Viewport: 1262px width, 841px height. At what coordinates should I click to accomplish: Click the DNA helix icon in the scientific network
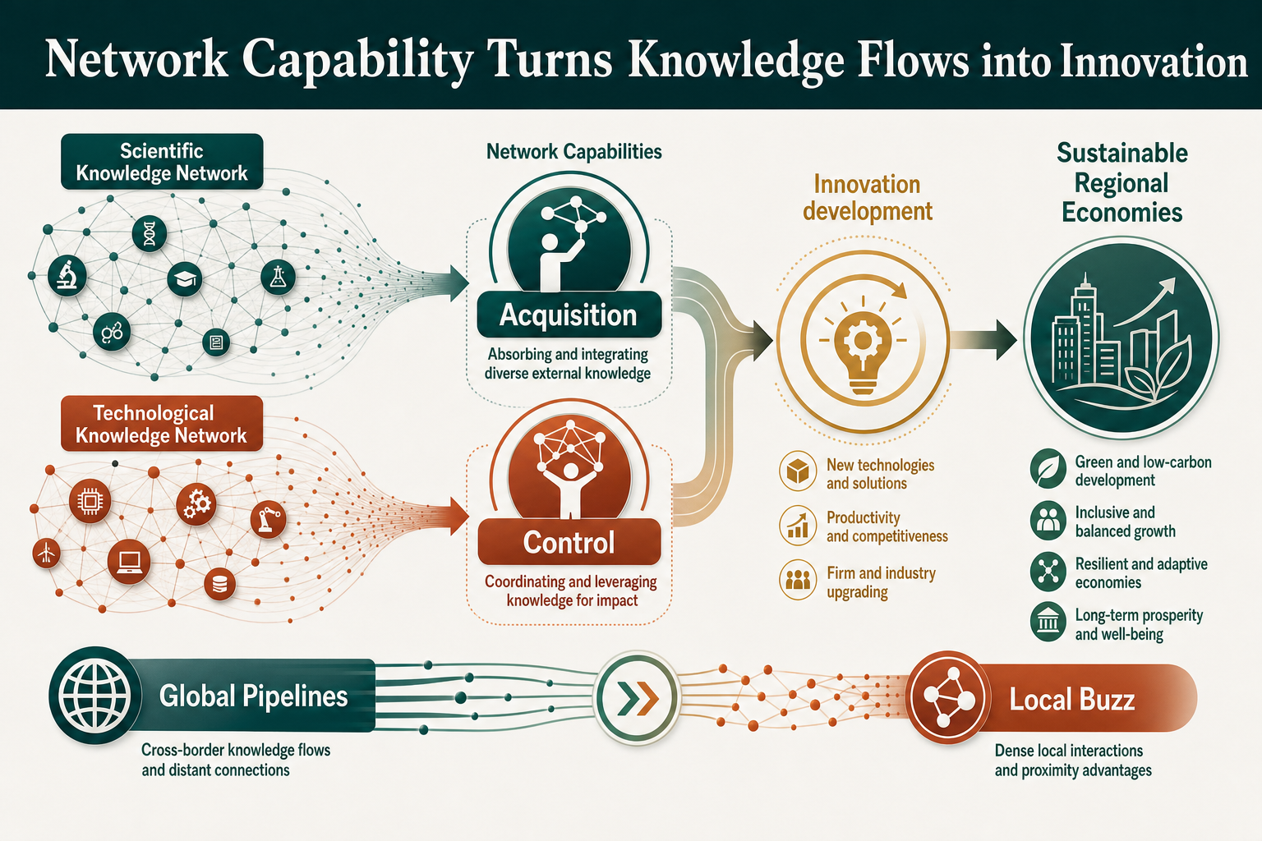click(150, 233)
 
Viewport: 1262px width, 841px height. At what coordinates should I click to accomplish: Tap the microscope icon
click(67, 275)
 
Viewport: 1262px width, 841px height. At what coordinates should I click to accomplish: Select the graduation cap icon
click(185, 279)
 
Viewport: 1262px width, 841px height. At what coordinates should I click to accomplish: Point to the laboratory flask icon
click(279, 277)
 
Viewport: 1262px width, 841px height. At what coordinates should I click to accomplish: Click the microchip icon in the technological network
click(90, 501)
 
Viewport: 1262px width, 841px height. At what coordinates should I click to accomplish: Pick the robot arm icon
click(268, 519)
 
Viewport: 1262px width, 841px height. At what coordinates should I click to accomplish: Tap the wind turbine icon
click(46, 554)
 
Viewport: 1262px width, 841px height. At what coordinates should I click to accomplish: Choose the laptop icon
click(129, 562)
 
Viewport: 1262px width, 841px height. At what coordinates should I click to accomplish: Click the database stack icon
click(219, 584)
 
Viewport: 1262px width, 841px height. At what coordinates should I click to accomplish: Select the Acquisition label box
click(569, 315)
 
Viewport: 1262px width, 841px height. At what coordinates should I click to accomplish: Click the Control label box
click(569, 542)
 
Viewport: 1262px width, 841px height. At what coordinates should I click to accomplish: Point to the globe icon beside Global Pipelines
click(94, 696)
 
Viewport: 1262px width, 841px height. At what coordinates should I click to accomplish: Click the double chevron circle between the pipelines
click(638, 698)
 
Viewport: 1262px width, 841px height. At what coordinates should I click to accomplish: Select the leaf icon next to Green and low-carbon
click(1048, 468)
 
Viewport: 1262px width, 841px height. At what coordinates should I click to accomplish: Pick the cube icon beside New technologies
click(798, 471)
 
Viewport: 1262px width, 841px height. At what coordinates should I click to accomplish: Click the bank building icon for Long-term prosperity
click(1048, 622)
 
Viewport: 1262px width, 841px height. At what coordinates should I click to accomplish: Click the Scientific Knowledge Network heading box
click(162, 162)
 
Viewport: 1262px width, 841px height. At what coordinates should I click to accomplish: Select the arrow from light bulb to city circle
click(984, 340)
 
